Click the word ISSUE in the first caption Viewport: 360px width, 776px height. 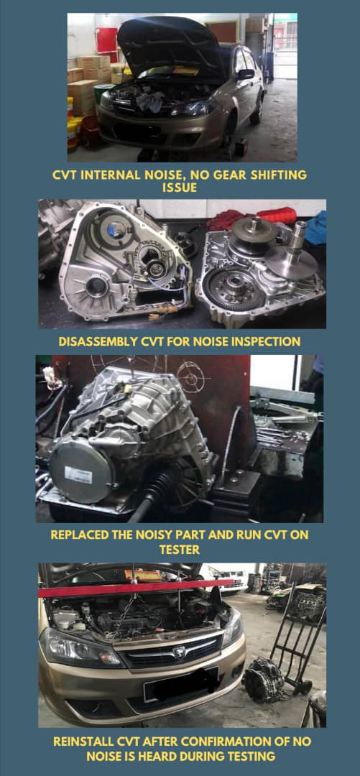pos(180,188)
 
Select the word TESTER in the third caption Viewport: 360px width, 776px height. pos(179,549)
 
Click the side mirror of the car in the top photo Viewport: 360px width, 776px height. pos(245,74)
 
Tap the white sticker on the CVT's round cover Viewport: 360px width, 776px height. pos(78,474)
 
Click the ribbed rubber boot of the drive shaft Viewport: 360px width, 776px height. pos(159,489)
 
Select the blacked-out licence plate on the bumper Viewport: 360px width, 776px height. pos(181,683)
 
